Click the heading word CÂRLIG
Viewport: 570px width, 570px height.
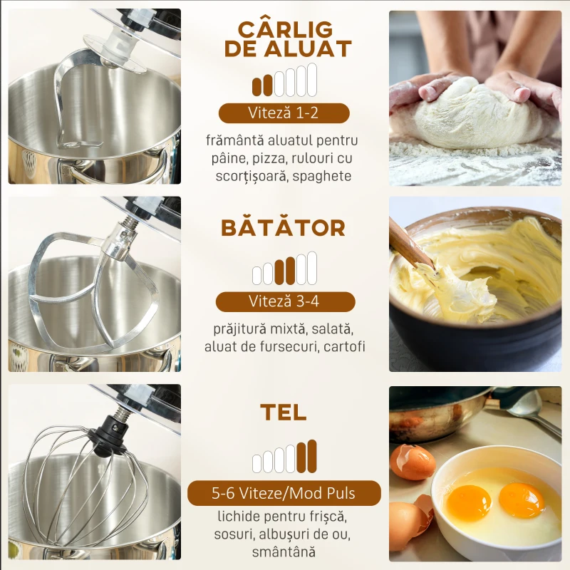point(285,29)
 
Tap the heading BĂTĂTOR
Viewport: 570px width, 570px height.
point(283,228)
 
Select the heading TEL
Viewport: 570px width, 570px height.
point(283,413)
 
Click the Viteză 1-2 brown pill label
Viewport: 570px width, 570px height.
point(284,113)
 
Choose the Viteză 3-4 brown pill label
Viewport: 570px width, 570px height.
point(286,301)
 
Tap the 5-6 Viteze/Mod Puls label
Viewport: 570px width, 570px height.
point(284,493)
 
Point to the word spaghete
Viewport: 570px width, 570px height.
point(322,176)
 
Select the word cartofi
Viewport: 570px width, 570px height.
point(344,346)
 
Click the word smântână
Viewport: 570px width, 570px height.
point(284,551)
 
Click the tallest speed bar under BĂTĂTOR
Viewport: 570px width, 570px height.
point(312,268)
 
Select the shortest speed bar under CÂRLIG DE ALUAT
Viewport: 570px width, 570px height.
point(257,87)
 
